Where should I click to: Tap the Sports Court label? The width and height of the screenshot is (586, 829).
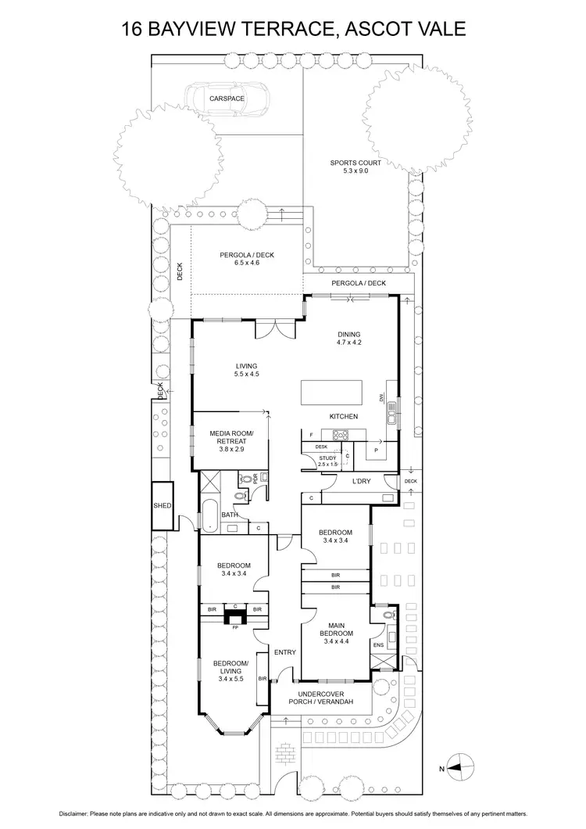[348, 167]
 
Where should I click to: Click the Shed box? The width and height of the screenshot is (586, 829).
[163, 506]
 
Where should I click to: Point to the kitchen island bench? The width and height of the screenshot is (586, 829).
[332, 390]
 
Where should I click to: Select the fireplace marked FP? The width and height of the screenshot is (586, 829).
[234, 618]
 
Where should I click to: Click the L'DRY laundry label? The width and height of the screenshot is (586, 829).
[361, 480]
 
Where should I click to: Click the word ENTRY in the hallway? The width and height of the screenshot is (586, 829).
[284, 651]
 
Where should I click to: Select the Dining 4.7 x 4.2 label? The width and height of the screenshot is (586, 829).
[348, 338]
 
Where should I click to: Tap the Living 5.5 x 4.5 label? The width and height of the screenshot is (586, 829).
[246, 370]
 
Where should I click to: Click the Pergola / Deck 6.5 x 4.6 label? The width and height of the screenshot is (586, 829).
[246, 258]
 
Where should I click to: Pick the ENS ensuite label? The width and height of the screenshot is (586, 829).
[378, 645]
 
